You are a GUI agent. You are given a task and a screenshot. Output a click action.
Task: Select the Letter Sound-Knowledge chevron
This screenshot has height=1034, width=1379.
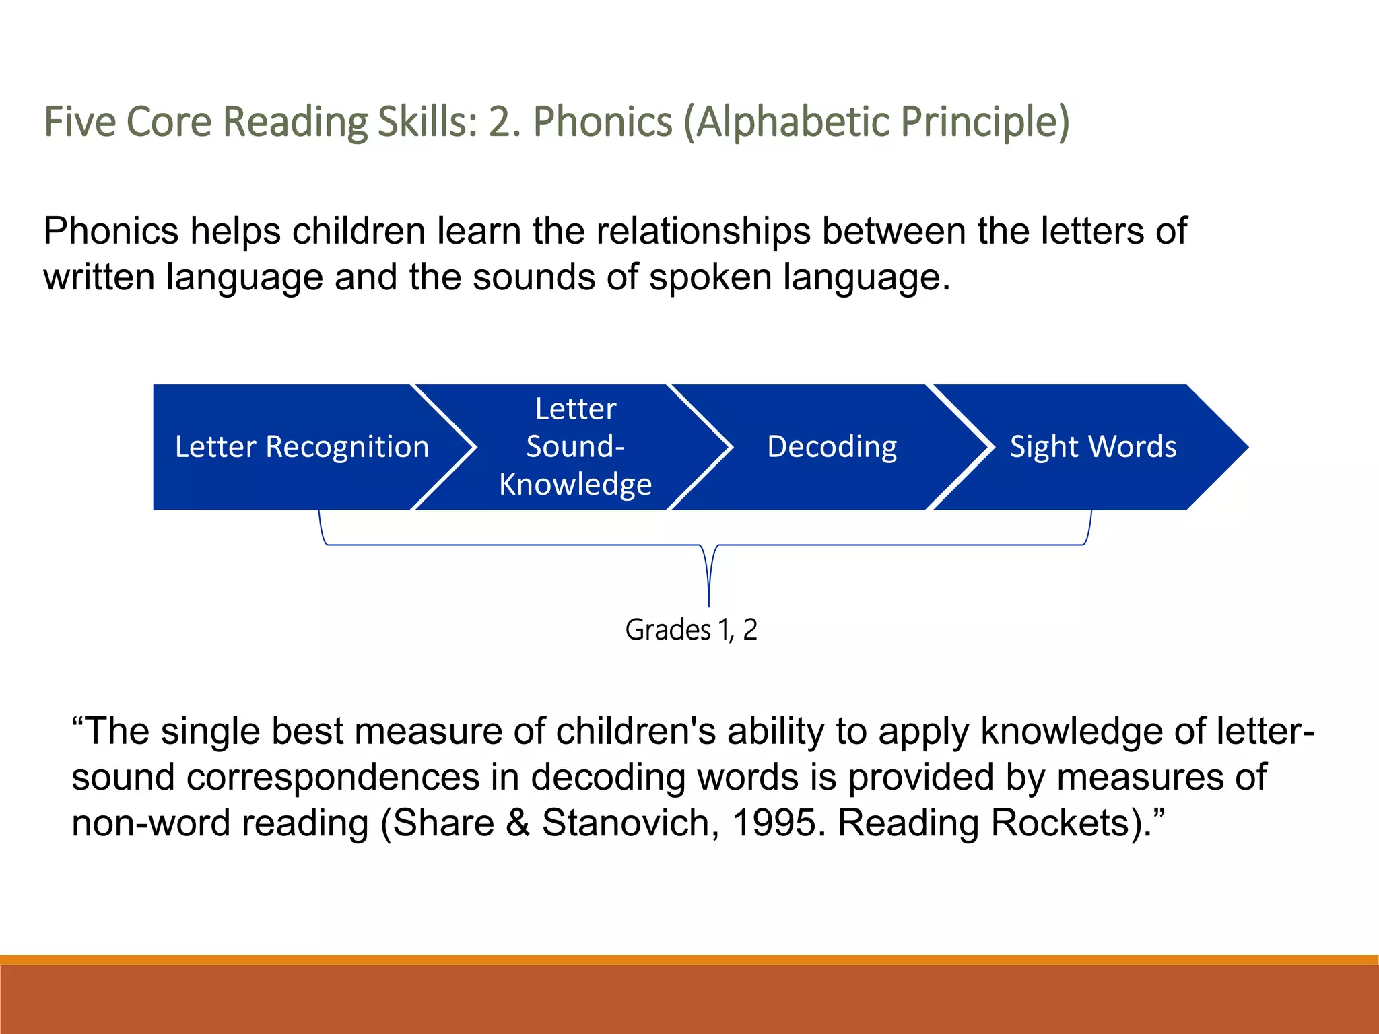575,447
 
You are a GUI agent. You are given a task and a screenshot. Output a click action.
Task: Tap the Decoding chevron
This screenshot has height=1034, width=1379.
832,447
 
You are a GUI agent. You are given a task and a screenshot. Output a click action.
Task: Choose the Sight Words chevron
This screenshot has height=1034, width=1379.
1093,447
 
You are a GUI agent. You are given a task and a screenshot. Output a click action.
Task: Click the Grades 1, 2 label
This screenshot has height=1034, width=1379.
691,630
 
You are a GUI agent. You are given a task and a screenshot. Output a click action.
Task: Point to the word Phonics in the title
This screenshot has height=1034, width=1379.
603,122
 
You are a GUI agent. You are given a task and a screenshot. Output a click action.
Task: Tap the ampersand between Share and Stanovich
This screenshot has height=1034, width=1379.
518,823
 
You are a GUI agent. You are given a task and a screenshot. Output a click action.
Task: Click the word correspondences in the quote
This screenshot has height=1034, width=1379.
333,778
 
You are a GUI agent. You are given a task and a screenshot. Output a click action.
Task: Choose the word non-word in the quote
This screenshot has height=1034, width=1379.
151,823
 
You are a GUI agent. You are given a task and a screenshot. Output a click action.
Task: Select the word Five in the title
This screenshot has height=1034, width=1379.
79,122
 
